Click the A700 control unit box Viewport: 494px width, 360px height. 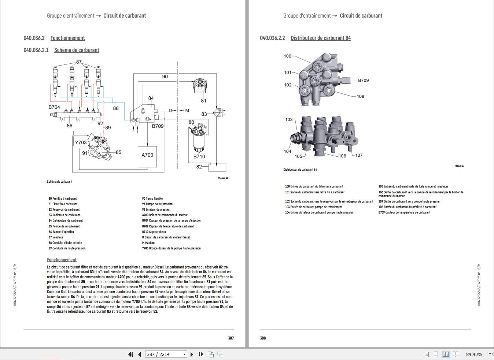[147, 155]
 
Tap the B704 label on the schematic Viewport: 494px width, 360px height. [54, 107]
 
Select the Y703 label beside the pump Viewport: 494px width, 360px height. [81, 142]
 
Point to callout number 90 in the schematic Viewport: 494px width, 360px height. [165, 77]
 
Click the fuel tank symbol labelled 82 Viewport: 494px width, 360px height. [217, 168]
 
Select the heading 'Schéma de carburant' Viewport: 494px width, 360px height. [77, 50]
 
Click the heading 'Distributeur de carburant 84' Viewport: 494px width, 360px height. [320, 38]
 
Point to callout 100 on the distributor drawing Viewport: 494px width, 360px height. [288, 56]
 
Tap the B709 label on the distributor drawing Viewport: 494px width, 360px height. [363, 80]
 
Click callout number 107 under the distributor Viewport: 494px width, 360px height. [359, 155]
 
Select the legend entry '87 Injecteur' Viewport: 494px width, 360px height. [56, 237]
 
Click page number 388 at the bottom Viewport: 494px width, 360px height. [263, 338]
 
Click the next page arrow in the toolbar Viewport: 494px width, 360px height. [192, 354]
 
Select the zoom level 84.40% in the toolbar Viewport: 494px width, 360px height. [474, 354]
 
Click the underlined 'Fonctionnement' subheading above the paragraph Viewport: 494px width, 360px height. [62, 260]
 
